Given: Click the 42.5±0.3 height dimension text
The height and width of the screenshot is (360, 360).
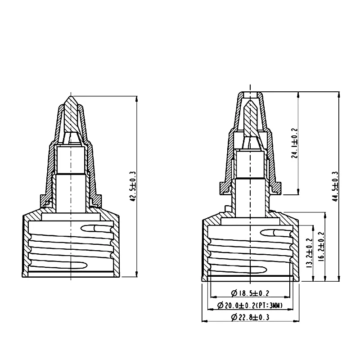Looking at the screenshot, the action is [x=133, y=186].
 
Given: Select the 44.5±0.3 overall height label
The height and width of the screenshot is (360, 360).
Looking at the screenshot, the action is [x=335, y=186].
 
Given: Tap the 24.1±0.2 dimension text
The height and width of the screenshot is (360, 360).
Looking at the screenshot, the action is [x=295, y=143].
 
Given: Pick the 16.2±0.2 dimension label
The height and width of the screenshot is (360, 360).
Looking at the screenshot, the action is [x=322, y=246].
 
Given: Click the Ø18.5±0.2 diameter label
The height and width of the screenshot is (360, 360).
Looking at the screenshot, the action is [x=250, y=293].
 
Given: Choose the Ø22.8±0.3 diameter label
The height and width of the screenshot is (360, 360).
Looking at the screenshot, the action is [x=250, y=317].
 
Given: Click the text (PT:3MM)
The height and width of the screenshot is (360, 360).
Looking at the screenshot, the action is [x=269, y=306].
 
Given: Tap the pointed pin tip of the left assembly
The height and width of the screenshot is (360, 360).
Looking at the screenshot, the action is [x=71, y=96].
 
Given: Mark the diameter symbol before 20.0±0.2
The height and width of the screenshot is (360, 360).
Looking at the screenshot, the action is [x=220, y=306].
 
